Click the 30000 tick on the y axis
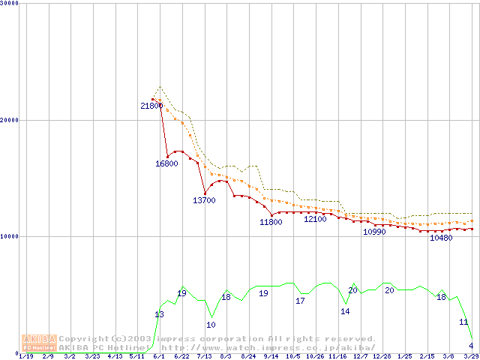pyautogui.click(x=10, y=4)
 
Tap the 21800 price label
pyautogui.click(x=151, y=106)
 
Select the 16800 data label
pyautogui.click(x=166, y=163)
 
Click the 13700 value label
pyautogui.click(x=204, y=200)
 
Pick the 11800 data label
pyautogui.click(x=271, y=222)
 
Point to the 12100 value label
pyautogui.click(x=315, y=219)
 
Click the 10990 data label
pyautogui.click(x=373, y=232)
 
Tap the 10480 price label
pyautogui.click(x=441, y=238)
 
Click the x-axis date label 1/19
pyautogui.click(x=25, y=356)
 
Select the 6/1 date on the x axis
pyautogui.click(x=158, y=356)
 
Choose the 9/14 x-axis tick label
pyautogui.click(x=271, y=356)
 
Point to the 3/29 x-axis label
pyautogui.click(x=472, y=356)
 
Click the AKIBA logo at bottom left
pyautogui.click(x=40, y=343)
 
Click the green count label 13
pyautogui.click(x=159, y=314)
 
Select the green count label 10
pyautogui.click(x=211, y=325)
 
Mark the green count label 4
pyautogui.click(x=471, y=346)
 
